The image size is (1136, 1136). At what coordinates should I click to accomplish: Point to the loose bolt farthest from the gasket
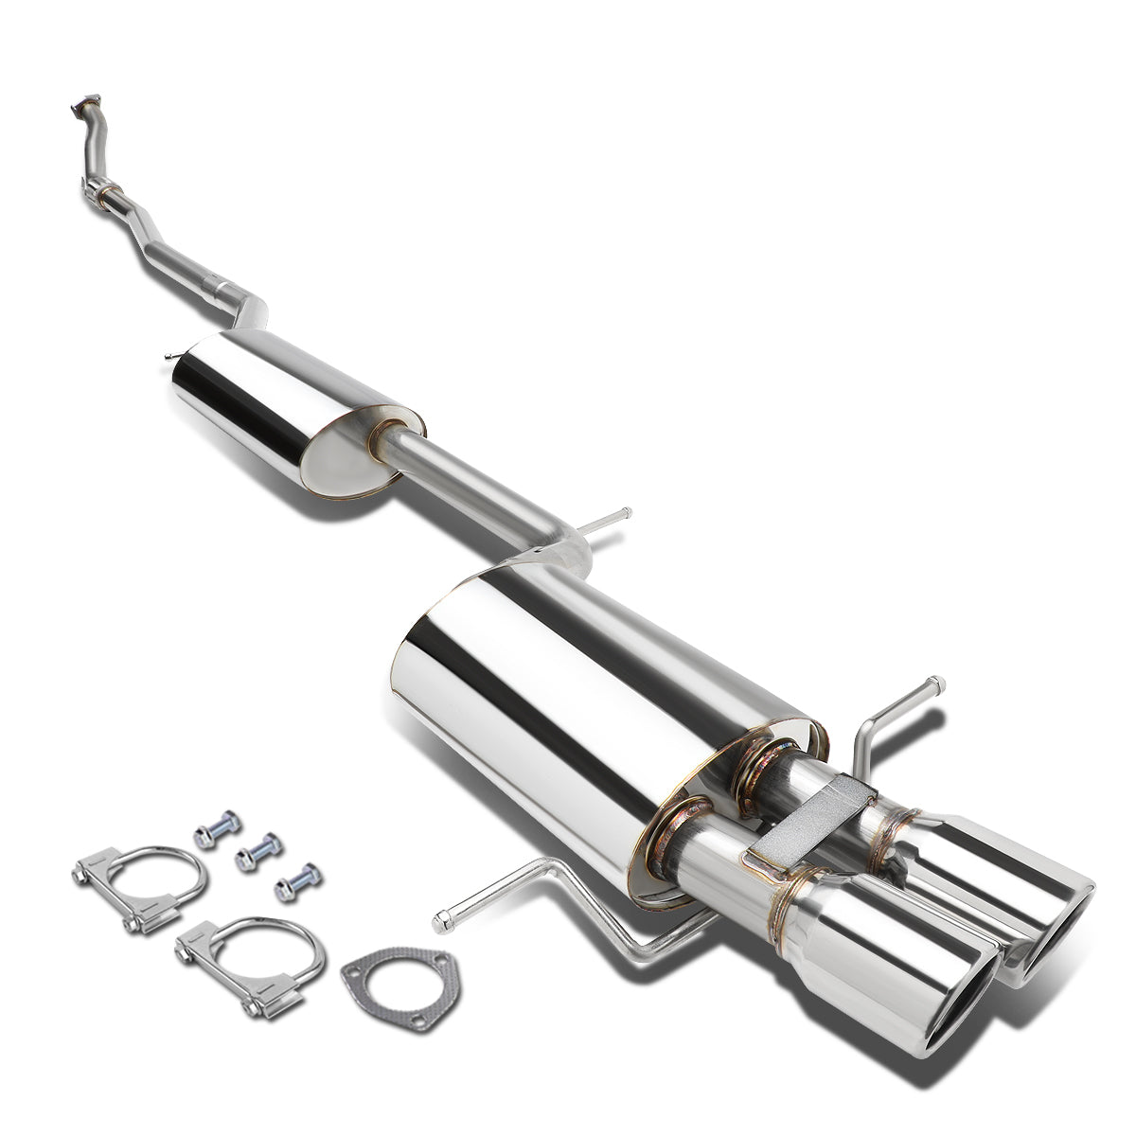click(x=218, y=829)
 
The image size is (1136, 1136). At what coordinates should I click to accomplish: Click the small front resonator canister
click(x=284, y=407)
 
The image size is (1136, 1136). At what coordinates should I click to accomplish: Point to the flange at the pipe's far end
click(x=86, y=106)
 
